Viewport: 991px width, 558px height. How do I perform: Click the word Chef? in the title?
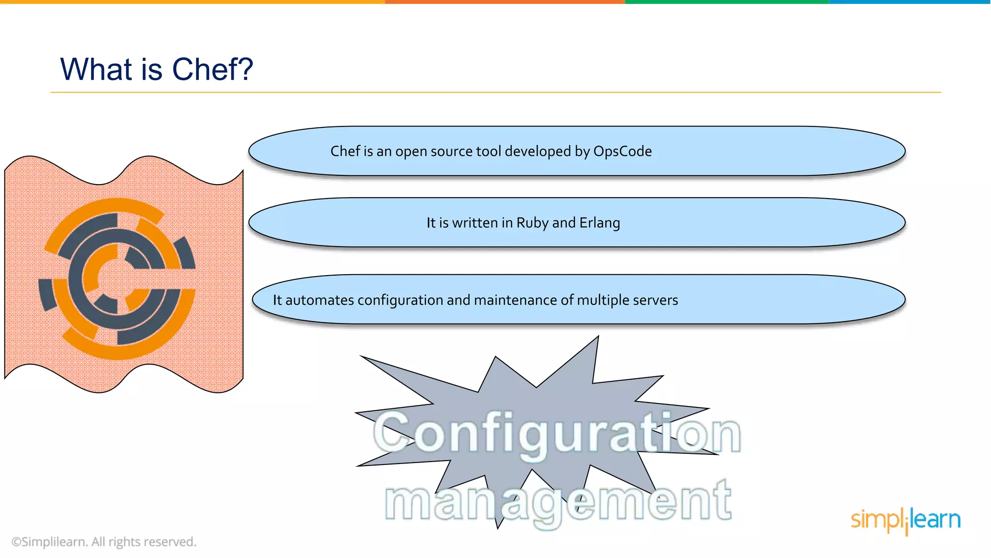pos(212,69)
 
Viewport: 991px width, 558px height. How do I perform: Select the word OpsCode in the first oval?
pos(622,152)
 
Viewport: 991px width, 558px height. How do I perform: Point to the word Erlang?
pos(600,223)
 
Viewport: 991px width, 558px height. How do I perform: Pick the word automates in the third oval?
pos(319,300)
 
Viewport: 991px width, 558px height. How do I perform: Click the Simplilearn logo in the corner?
pos(905,520)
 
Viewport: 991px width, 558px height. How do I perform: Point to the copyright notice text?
pos(104,542)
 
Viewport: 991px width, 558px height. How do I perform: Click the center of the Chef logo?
pos(118,279)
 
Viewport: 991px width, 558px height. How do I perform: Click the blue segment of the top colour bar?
pos(910,2)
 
